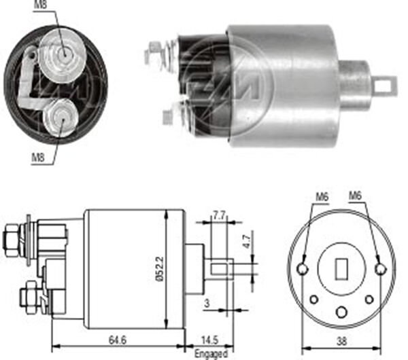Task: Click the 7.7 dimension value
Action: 218,215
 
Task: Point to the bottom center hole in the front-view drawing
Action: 341,311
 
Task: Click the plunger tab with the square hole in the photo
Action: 384,86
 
